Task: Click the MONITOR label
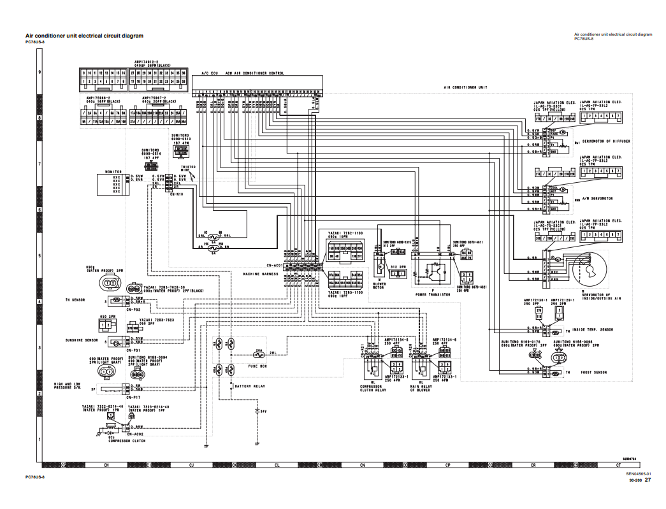click(x=113, y=171)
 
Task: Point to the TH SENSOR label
click(x=75, y=298)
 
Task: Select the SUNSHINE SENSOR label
click(x=81, y=341)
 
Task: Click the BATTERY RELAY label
click(x=251, y=386)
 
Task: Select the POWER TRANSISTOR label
click(x=430, y=295)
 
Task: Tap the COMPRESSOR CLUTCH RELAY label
click(x=373, y=388)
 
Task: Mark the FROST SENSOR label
click(x=593, y=372)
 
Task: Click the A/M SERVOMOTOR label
click(x=597, y=198)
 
